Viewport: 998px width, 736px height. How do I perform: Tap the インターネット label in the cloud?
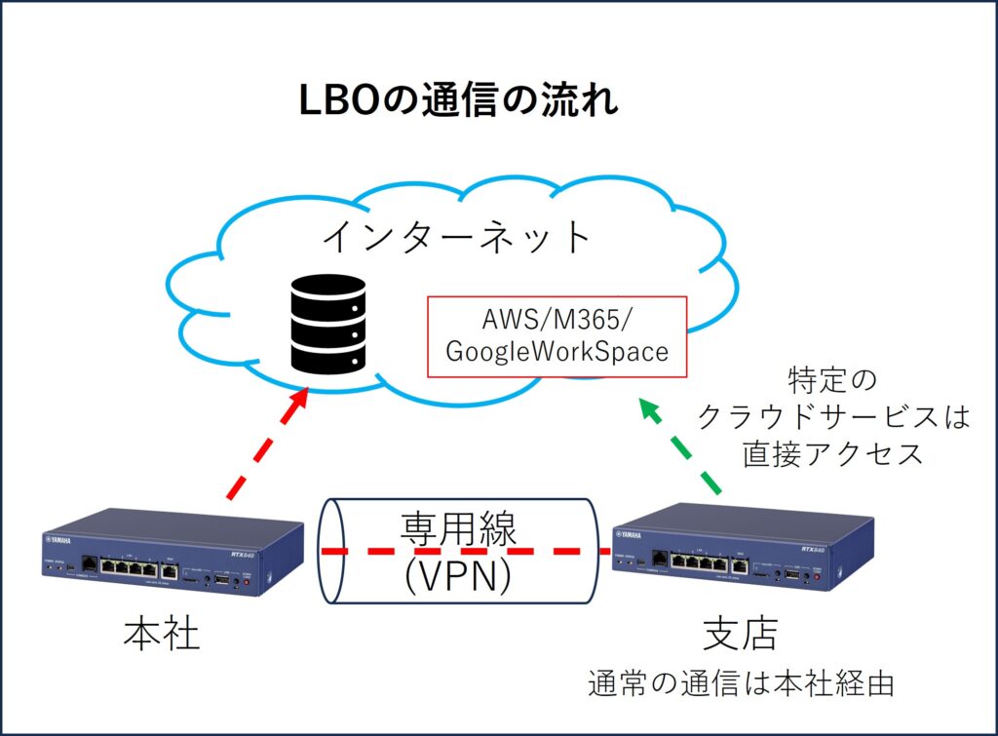[x=457, y=237]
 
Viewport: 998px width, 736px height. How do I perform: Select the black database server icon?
[x=327, y=327]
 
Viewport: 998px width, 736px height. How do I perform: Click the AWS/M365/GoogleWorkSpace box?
[x=557, y=336]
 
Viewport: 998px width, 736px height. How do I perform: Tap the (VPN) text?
[x=458, y=574]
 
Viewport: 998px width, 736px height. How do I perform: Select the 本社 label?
[x=161, y=635]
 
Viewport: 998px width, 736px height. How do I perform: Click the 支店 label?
[x=740, y=635]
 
